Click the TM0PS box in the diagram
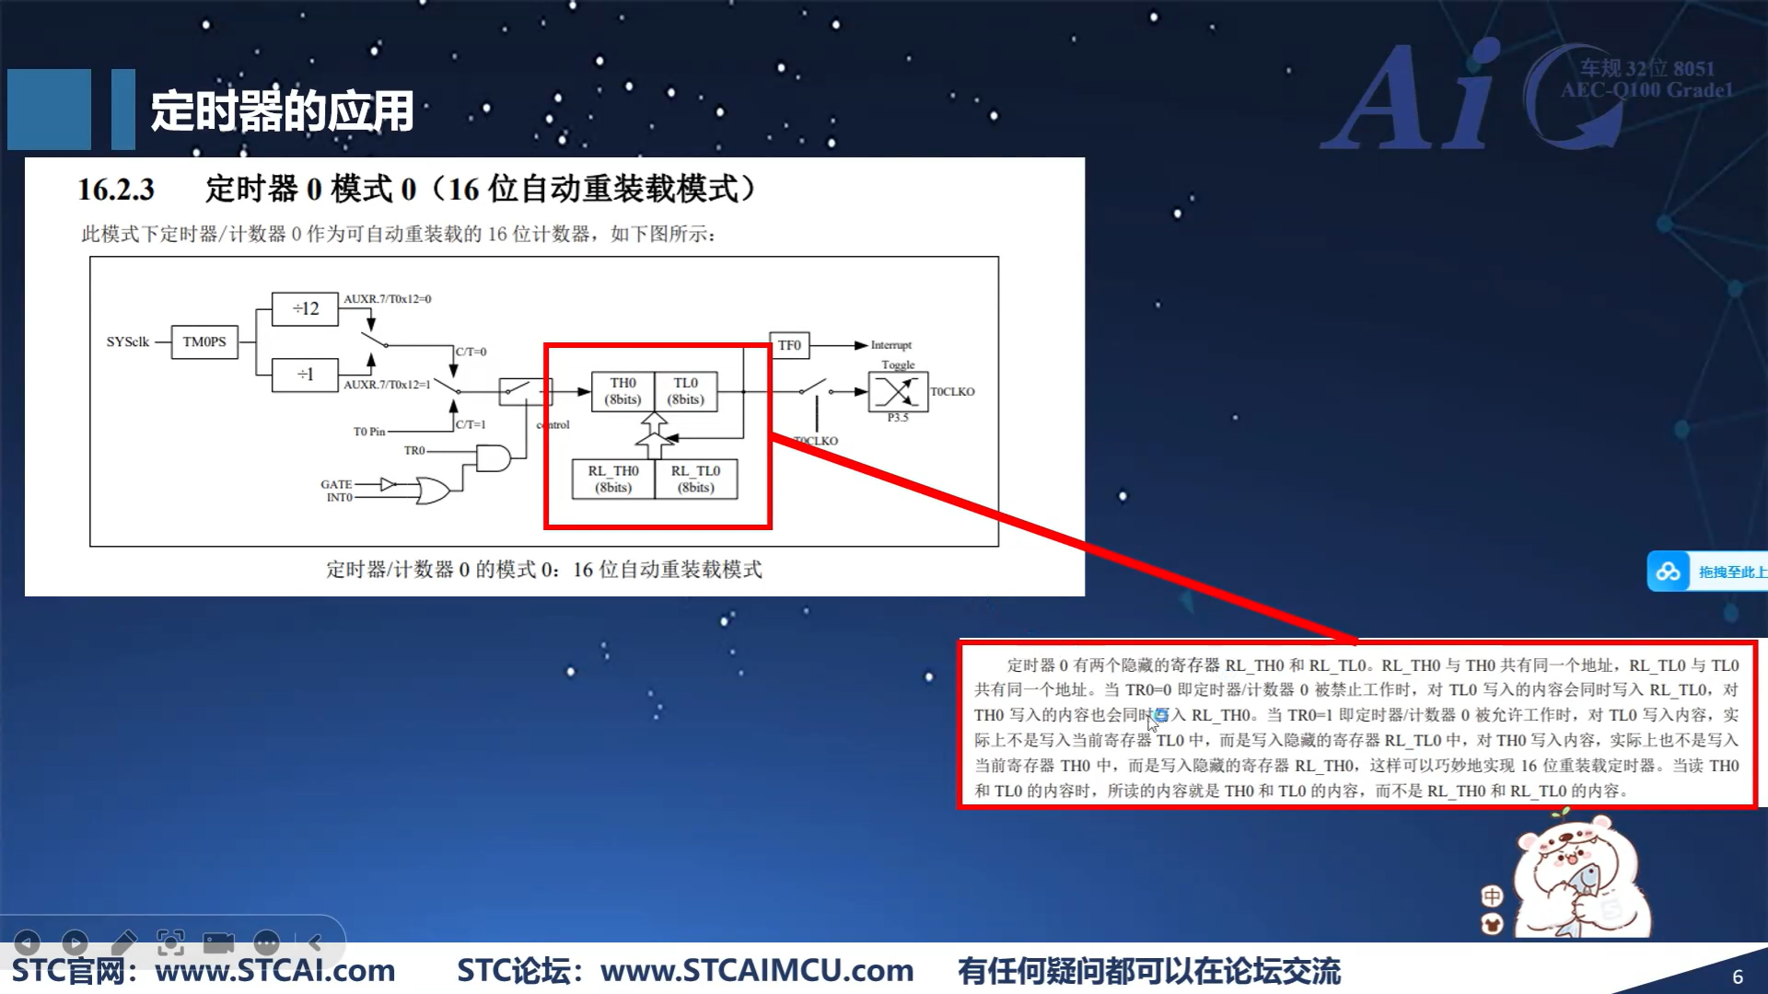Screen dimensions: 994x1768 coord(204,341)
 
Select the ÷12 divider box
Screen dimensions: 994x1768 coord(305,308)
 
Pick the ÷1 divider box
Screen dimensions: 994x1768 coord(305,375)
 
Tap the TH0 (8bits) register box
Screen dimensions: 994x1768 coord(622,391)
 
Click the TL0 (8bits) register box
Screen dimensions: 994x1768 coord(685,391)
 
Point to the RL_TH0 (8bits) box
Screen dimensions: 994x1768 coord(613,480)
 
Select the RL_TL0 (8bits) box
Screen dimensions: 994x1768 coord(696,480)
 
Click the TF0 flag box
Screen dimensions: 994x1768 coord(789,345)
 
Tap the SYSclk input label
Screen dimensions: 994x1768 coord(127,341)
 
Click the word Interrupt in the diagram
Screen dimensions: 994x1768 coord(890,345)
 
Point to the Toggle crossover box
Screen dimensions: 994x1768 coord(898,392)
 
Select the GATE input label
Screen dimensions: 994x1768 coord(336,484)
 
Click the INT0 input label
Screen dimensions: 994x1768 coord(340,498)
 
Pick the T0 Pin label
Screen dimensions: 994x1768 coord(369,432)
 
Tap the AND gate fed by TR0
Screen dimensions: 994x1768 coord(493,457)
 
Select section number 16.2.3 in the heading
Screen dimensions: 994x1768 coord(116,190)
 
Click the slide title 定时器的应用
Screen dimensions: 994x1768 coord(282,111)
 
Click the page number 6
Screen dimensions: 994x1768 coord(1738,977)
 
